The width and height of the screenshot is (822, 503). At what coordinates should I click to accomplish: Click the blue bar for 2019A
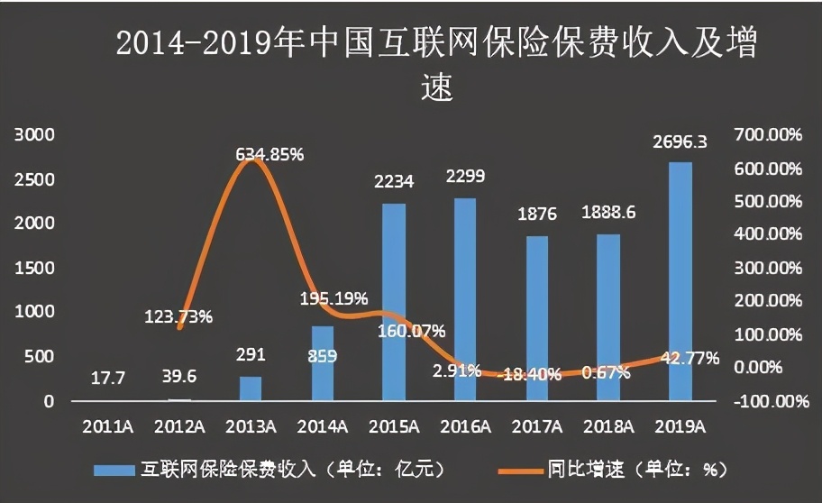(x=680, y=281)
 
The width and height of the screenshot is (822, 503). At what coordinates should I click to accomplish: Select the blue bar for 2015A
(x=394, y=302)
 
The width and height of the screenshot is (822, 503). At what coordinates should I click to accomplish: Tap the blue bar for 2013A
(x=251, y=389)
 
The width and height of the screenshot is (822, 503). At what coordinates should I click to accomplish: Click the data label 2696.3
(x=680, y=142)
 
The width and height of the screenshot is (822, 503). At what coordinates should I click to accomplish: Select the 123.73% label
(x=178, y=316)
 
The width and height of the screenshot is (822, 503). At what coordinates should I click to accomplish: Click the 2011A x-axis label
(x=107, y=425)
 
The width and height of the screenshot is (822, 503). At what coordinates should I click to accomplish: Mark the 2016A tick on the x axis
(x=466, y=425)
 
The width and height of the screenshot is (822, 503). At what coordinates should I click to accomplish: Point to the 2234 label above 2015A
(x=394, y=182)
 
